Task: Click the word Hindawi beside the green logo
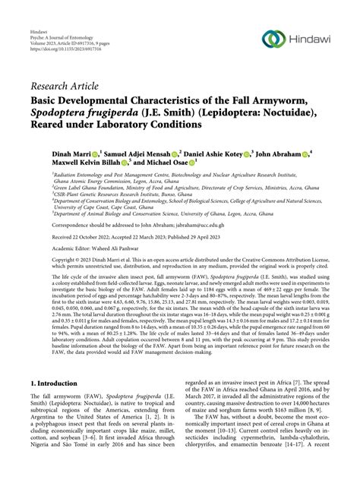click(311, 38)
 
